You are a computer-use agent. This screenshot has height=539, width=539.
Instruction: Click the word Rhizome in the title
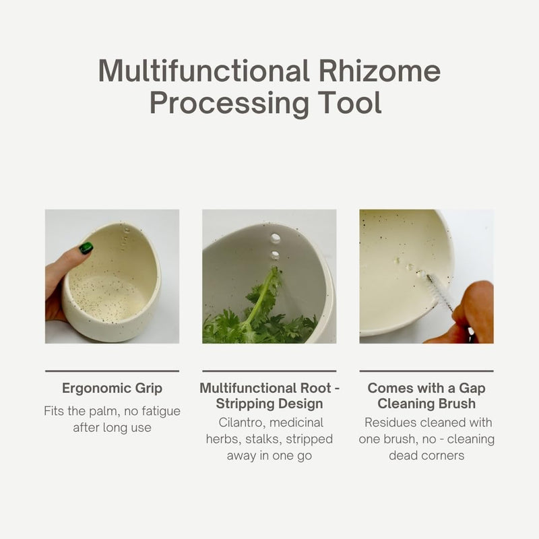pos(379,71)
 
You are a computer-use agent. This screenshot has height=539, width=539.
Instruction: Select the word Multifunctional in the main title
pos(204,71)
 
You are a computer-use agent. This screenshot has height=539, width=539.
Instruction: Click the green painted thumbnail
pos(86,248)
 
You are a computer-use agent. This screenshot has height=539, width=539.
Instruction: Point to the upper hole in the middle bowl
pos(276,238)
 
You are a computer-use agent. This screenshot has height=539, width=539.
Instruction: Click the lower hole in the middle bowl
pos(275,255)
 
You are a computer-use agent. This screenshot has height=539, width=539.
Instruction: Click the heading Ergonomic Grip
pos(112,388)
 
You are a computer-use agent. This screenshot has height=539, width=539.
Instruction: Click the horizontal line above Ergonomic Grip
pos(112,371)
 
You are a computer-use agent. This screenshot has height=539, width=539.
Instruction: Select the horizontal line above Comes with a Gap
pos(426,371)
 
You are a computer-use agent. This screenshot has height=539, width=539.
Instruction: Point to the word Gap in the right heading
pos(472,389)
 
